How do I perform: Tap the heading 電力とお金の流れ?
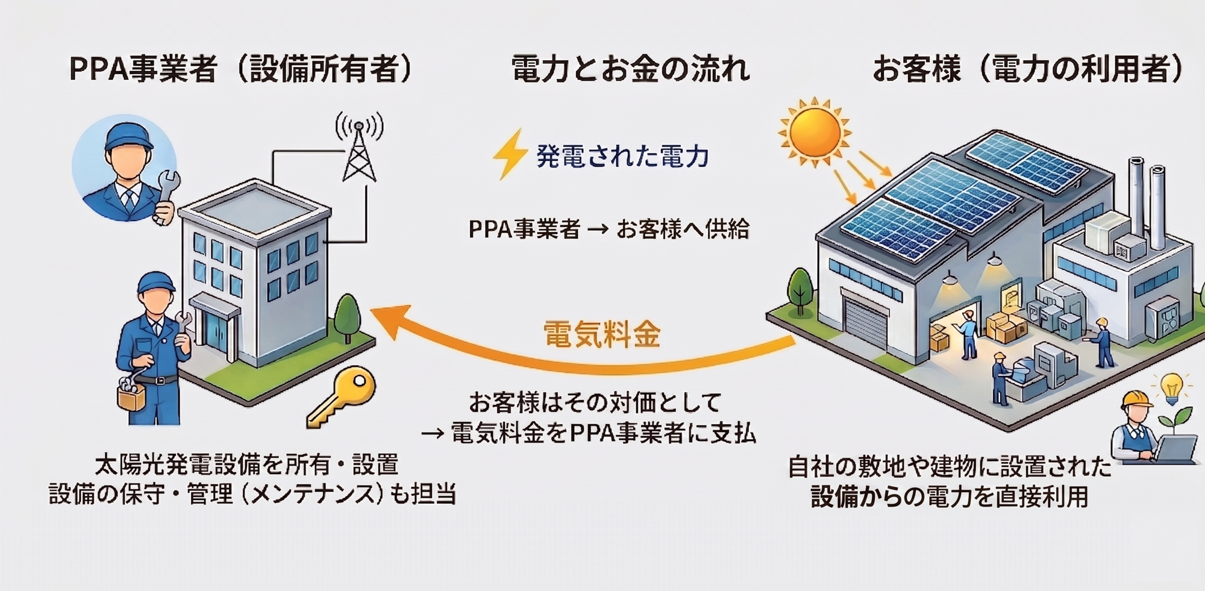pyautogui.click(x=630, y=69)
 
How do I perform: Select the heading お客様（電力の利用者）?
pyautogui.click(x=1027, y=69)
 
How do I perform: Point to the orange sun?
pyautogui.click(x=815, y=133)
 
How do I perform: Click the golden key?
pyautogui.click(x=342, y=398)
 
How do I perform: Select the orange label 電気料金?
pyautogui.click(x=601, y=334)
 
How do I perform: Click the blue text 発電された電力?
pyautogui.click(x=622, y=157)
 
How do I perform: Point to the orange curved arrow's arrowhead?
pyautogui.click(x=386, y=319)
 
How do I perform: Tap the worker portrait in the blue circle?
pyautogui.click(x=125, y=169)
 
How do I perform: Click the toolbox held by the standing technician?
pyautogui.click(x=131, y=395)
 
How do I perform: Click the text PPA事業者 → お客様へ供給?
pyautogui.click(x=609, y=230)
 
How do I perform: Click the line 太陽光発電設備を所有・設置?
pyautogui.click(x=247, y=464)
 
